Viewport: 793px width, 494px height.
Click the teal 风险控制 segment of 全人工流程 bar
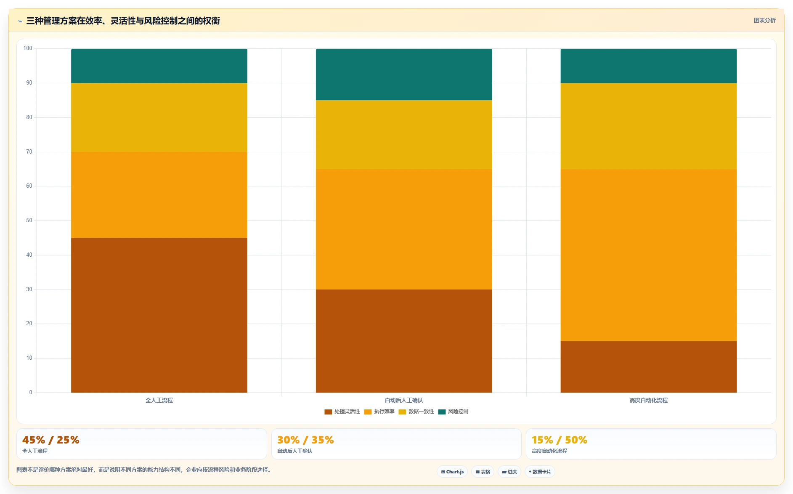point(159,66)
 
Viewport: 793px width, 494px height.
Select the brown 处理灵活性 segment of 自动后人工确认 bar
point(404,341)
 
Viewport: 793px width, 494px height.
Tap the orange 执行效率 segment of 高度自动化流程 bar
point(649,255)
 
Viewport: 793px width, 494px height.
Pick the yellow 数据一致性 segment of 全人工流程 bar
point(159,117)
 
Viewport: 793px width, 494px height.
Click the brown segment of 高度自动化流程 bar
point(649,367)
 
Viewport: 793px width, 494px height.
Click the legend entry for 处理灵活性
point(342,412)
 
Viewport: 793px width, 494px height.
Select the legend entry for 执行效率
point(379,412)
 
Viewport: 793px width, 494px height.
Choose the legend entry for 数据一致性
point(416,412)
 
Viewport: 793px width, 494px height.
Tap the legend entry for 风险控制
point(453,412)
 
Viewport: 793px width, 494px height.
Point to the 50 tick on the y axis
point(29,220)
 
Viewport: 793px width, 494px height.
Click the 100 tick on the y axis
point(28,48)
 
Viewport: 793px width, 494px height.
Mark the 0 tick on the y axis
point(31,393)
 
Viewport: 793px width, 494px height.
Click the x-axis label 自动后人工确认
point(404,400)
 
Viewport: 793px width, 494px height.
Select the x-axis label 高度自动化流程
point(649,400)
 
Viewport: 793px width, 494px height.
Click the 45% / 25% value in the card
point(51,440)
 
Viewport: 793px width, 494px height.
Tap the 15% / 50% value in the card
point(560,440)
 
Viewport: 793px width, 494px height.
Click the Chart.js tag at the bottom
point(452,472)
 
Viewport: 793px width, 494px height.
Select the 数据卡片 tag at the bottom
point(540,472)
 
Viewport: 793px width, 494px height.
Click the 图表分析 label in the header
point(764,20)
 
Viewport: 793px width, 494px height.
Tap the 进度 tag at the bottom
point(509,472)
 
